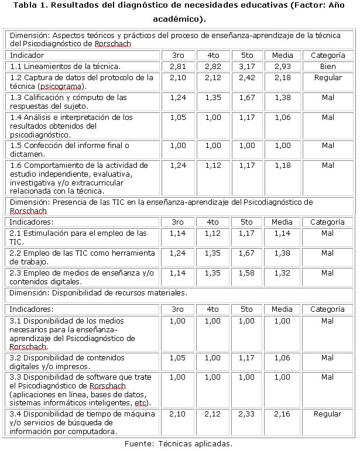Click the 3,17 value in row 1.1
coord(246,66)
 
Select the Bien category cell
coord(327,66)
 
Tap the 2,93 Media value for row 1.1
coord(282,66)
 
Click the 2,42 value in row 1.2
coord(246,77)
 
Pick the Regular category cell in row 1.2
coord(327,77)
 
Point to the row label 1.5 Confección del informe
coord(70,149)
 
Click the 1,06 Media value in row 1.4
coord(282,117)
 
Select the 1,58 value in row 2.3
coord(246,273)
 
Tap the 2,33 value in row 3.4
coord(246,414)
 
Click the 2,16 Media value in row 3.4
coord(282,414)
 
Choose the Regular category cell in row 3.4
coord(327,414)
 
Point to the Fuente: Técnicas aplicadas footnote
coord(179,443)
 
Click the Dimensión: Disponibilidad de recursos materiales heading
coord(99,292)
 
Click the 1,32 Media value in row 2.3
coord(282,273)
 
